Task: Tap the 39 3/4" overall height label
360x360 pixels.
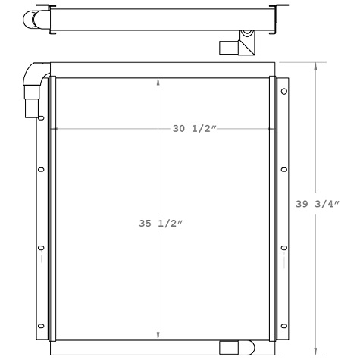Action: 317,203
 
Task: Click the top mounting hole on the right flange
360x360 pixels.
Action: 283,92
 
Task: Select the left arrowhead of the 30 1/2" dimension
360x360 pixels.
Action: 53,129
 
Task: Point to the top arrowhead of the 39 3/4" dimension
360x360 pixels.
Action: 316,65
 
